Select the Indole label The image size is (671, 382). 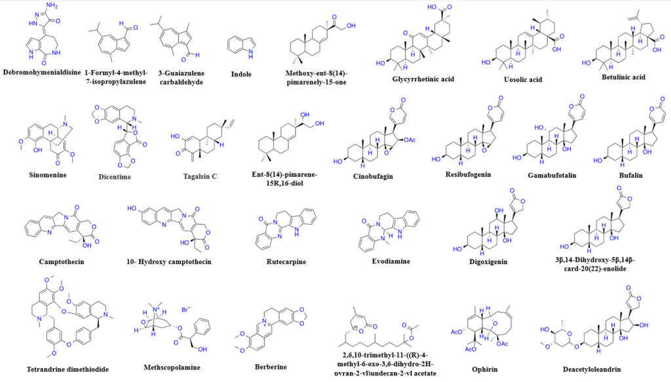click(x=239, y=73)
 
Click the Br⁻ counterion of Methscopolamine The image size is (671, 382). click(x=186, y=307)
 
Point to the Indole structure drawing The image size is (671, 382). click(x=239, y=45)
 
